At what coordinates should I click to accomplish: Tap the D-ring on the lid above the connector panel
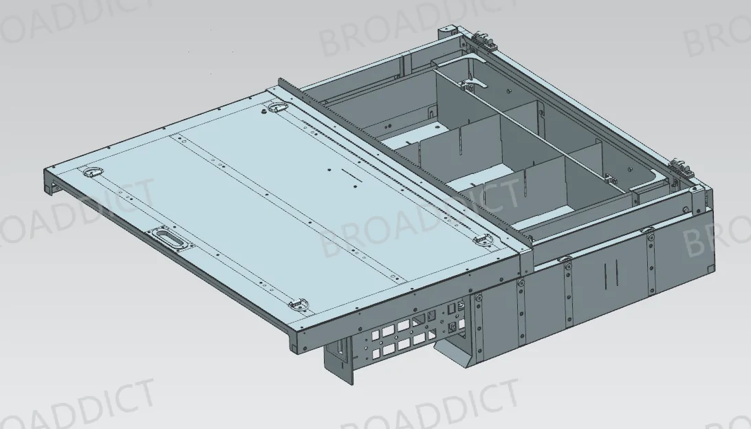[299, 305]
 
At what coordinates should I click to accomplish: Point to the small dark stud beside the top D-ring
[264, 111]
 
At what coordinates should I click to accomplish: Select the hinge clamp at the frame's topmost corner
[481, 38]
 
